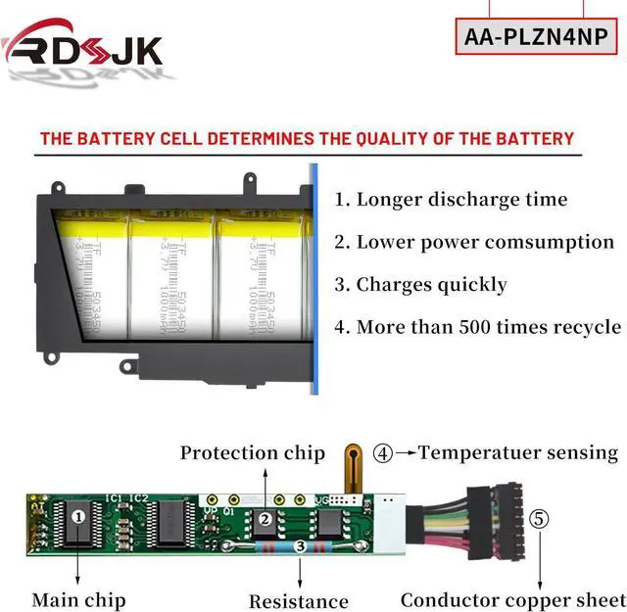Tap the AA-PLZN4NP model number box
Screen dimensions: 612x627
[536, 38]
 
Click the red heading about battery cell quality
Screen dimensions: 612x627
[307, 138]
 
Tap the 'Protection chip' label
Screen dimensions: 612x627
[253, 452]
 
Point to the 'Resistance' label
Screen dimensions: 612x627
[298, 601]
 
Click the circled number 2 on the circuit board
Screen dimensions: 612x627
[264, 520]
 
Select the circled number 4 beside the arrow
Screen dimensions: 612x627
[383, 453]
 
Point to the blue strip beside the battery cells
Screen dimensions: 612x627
[315, 280]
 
